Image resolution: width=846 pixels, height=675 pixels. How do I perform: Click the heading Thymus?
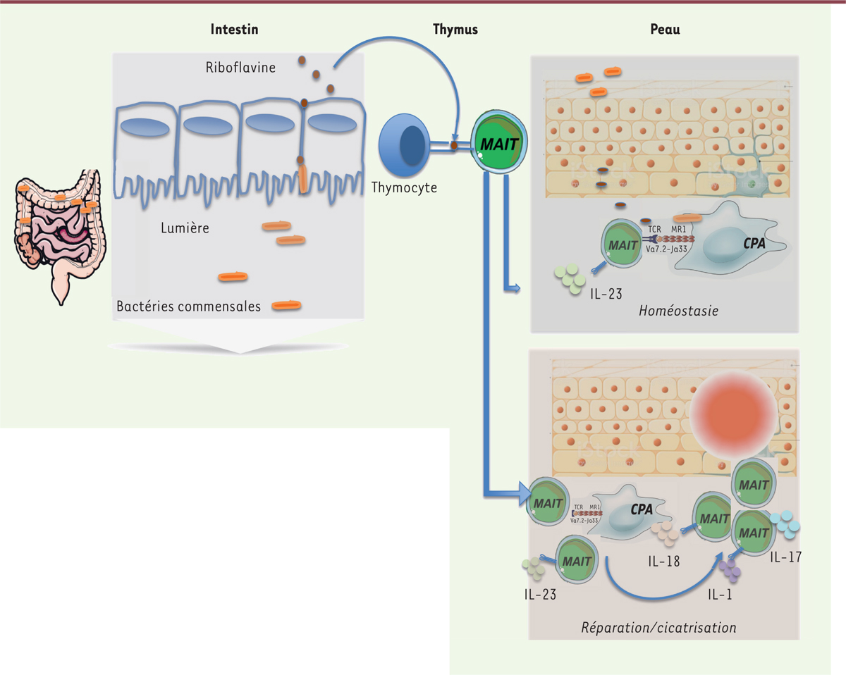click(455, 30)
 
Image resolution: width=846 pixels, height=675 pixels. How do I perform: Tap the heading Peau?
click(665, 30)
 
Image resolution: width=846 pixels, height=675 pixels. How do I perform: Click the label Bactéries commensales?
click(189, 306)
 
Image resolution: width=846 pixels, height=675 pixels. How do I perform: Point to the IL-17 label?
click(785, 557)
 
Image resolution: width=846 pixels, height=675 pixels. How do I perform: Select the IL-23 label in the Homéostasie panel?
click(607, 293)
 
